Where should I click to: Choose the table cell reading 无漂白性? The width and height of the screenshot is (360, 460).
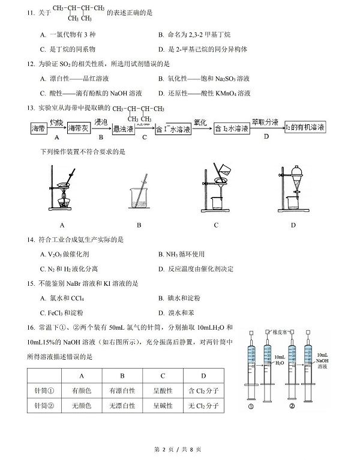[x=124, y=406]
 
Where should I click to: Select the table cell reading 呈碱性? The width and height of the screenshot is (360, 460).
[x=163, y=406]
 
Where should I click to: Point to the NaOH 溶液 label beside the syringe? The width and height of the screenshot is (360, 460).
[x=323, y=360]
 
